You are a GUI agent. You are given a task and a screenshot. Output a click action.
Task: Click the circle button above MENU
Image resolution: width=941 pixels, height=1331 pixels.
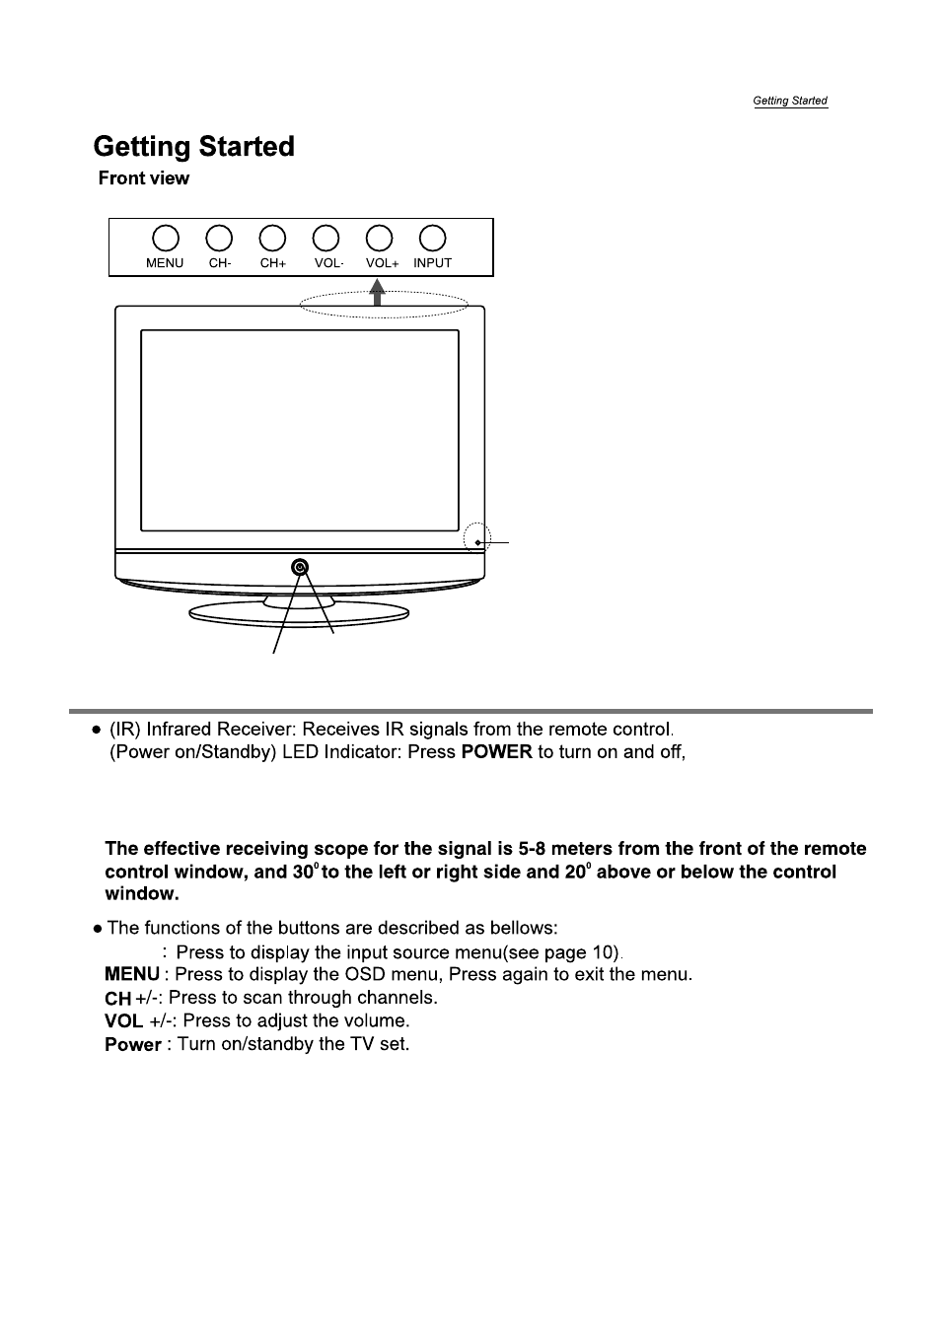[x=166, y=239]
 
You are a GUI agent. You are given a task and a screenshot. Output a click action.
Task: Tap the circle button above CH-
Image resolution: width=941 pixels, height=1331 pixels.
[x=219, y=239]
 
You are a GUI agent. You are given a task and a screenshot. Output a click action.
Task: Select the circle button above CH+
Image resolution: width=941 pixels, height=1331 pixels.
[x=272, y=239]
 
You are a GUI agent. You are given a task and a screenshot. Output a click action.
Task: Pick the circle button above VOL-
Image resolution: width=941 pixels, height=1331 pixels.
[x=326, y=239]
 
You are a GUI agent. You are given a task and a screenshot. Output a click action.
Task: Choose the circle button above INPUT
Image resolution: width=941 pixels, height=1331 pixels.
[x=432, y=239]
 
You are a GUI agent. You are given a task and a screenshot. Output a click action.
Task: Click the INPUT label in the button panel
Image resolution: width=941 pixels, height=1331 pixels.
[x=432, y=263]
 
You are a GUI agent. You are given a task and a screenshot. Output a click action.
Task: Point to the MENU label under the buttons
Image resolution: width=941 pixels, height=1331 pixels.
[x=165, y=263]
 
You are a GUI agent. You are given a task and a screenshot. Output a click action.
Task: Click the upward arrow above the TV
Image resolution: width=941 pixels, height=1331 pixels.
[x=377, y=293]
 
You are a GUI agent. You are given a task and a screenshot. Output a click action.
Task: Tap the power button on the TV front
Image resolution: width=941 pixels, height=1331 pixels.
[x=300, y=568]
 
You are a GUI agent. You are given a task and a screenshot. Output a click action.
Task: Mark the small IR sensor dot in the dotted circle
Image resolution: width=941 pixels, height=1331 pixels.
[x=478, y=542]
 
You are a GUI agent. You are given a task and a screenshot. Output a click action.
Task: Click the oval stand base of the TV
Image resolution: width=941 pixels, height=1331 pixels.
[x=299, y=615]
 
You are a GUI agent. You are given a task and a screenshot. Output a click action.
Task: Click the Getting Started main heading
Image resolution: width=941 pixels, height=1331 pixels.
[x=193, y=147]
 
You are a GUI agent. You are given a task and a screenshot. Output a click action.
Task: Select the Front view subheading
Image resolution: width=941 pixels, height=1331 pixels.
[x=144, y=178]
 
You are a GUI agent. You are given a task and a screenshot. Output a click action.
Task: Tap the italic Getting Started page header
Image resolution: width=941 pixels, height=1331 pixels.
[x=790, y=101]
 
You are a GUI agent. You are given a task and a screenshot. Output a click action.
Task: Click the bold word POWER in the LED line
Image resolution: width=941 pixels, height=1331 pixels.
[x=496, y=751]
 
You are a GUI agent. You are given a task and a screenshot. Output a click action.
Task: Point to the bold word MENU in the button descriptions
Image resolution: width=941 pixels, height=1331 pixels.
[x=132, y=974]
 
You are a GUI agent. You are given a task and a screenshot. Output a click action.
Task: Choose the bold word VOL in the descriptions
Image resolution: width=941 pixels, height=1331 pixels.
[x=123, y=1020]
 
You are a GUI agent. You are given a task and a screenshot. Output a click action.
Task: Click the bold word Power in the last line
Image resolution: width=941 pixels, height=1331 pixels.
[x=133, y=1045]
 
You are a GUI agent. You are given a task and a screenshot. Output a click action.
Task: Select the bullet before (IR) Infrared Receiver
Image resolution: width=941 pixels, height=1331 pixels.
[x=97, y=730]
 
